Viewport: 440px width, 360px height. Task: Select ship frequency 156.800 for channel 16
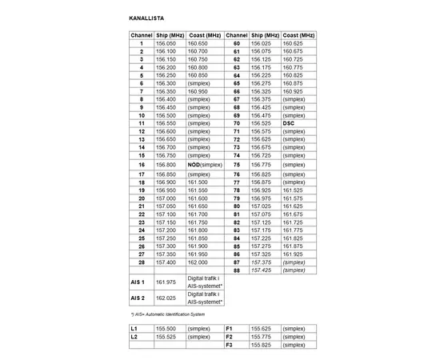tap(166, 164)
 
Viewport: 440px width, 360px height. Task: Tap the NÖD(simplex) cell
tap(204, 164)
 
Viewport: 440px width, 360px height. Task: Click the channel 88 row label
tap(237, 270)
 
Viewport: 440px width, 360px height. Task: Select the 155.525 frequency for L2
tap(166, 337)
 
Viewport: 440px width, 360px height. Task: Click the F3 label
tap(229, 345)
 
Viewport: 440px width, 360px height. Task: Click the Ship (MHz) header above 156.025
tap(265, 35)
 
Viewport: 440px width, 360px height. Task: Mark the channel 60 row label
tap(237, 43)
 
